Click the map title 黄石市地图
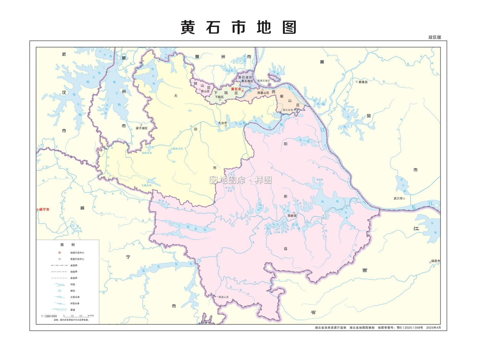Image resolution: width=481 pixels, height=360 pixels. pos(238,27)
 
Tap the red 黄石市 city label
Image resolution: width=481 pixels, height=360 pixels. pos(236,89)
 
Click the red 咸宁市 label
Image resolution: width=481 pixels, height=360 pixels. pos(44,210)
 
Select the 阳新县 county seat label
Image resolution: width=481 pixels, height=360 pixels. pos(292,216)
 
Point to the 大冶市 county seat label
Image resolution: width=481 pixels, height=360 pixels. pos(223,123)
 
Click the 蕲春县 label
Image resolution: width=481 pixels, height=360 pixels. pos(363,82)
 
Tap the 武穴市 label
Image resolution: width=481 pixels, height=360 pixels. pos(398,199)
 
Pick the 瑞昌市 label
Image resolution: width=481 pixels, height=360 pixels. pos(435,261)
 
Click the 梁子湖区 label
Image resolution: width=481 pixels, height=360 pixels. pos(141,128)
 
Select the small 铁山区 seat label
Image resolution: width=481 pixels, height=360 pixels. pos(205,91)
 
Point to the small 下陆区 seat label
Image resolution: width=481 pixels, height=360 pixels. pos(219,97)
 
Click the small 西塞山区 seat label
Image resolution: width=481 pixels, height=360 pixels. pos(263,93)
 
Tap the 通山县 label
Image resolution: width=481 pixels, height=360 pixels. pos(224,297)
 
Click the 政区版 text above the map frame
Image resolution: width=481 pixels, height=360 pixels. pos(435,37)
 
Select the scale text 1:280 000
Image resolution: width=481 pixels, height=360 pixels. pos(49,316)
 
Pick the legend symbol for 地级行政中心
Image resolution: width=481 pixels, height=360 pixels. pos(60,253)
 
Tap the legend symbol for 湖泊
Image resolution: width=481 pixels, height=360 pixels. pos(60,291)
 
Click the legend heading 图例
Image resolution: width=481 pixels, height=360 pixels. pos(67,245)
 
